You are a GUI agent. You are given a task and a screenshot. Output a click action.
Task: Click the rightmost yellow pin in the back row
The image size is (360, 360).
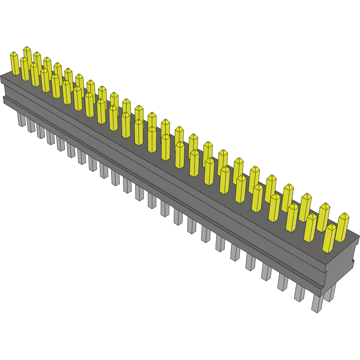pyautogui.click(x=342, y=227)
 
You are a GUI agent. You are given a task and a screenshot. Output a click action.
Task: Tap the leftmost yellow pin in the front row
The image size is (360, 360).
pyautogui.click(x=15, y=64)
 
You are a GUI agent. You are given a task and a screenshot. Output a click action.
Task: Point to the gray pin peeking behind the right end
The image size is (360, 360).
pyautogui.click(x=330, y=293)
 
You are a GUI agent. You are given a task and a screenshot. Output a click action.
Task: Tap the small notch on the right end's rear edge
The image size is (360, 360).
pyautogui.click(x=352, y=262)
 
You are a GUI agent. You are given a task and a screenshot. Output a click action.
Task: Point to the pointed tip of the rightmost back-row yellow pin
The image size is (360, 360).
pyautogui.click(x=343, y=214)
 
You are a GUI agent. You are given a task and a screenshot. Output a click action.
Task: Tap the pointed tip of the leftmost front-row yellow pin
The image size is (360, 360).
pyautogui.click(x=14, y=54)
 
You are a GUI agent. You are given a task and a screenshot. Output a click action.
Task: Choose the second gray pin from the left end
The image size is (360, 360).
pyautogui.click(x=31, y=125)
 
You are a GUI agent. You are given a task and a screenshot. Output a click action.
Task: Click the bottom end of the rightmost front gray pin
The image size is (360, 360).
pyautogui.click(x=316, y=310)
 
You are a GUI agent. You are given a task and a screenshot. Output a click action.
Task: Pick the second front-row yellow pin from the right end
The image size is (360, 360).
pyautogui.click(x=311, y=227)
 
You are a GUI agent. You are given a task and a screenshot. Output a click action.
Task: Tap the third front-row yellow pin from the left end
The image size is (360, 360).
pyautogui.click(x=35, y=74)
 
